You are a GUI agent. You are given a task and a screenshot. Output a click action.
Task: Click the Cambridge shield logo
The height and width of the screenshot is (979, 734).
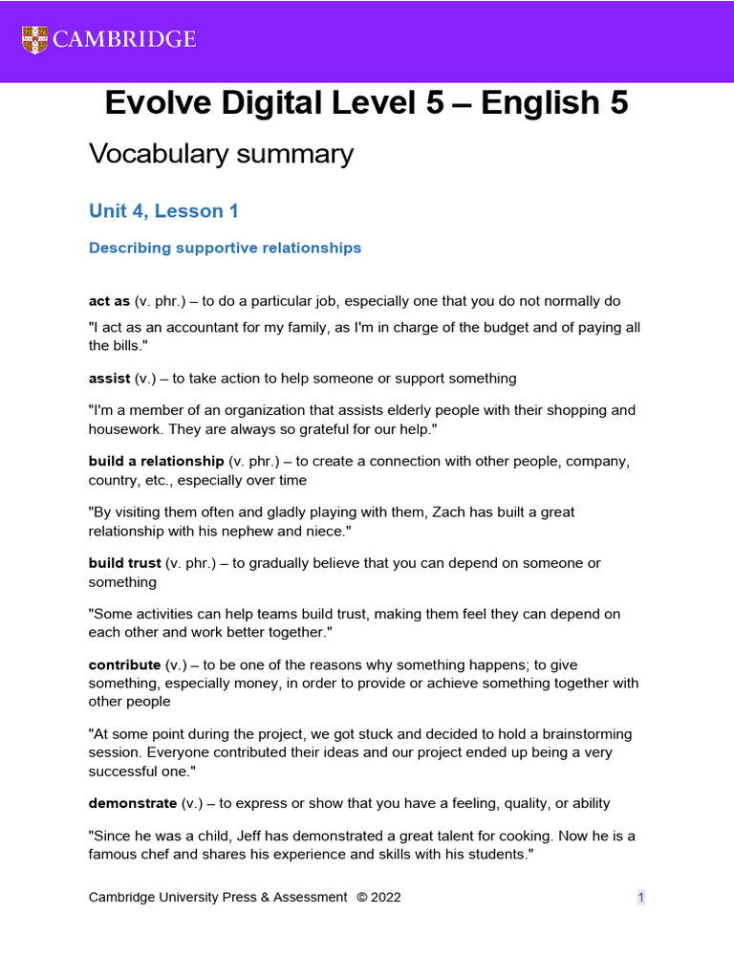(34, 39)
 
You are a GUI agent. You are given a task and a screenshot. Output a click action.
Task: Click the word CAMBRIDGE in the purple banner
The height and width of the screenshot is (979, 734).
(124, 39)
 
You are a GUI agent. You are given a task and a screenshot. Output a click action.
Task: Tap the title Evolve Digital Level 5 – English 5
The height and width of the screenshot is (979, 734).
(367, 103)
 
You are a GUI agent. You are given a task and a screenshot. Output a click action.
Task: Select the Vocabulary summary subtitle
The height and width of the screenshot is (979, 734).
(221, 153)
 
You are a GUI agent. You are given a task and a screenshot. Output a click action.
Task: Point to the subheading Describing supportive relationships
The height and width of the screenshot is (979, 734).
(225, 248)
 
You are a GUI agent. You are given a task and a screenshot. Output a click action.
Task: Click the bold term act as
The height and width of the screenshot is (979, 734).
(109, 301)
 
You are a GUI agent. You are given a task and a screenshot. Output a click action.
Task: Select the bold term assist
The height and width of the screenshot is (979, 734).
(110, 378)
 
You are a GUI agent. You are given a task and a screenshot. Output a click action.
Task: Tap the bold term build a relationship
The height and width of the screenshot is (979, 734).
(156, 461)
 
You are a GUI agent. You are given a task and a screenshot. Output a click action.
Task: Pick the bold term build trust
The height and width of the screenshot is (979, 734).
(125, 563)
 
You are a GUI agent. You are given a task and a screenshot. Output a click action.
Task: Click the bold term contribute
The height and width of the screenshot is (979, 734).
(124, 664)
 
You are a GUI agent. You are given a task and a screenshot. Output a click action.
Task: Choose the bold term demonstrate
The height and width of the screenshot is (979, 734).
(133, 803)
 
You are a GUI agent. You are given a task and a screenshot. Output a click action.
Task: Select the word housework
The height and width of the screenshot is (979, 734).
(128, 429)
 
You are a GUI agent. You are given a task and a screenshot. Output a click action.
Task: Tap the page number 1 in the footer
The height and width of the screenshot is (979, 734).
(641, 897)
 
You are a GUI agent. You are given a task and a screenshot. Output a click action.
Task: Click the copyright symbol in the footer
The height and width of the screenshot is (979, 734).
(361, 897)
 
